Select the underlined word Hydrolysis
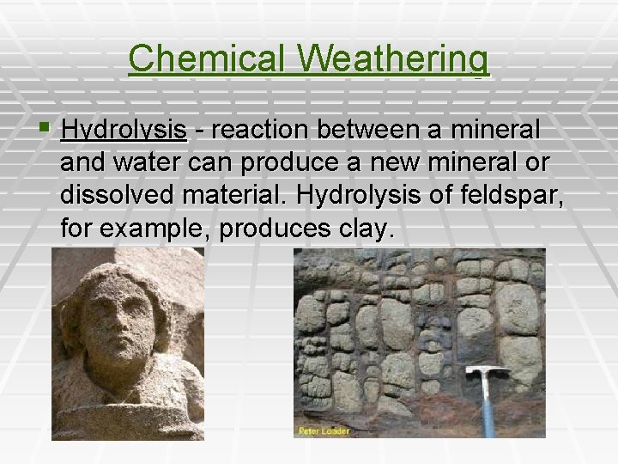click(124, 131)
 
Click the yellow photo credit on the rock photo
click(324, 430)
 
